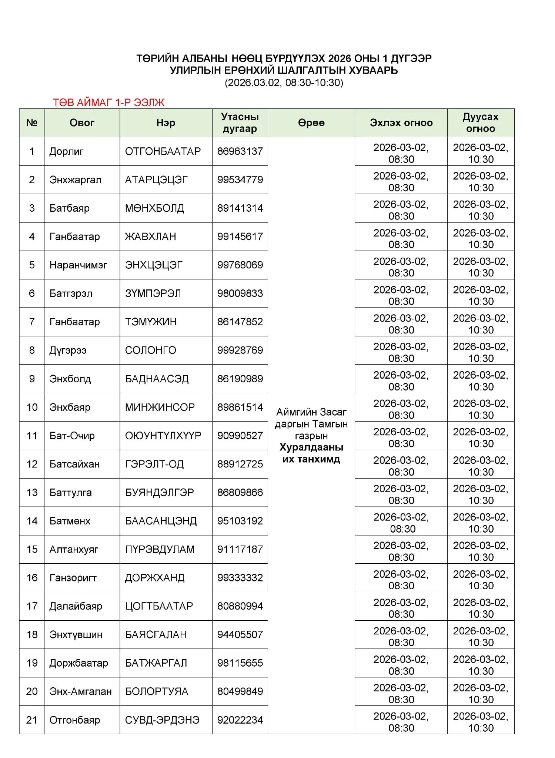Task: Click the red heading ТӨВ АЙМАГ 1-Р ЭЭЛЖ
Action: (x=108, y=103)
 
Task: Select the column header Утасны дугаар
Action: (x=240, y=123)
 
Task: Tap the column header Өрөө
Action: (x=311, y=123)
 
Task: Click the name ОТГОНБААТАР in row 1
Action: (x=163, y=151)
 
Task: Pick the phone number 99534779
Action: (x=240, y=180)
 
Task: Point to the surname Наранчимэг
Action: (x=78, y=265)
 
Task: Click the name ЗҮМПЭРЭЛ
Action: (x=153, y=293)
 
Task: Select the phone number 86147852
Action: (x=240, y=322)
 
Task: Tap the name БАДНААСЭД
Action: (x=157, y=379)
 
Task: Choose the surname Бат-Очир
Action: (x=72, y=436)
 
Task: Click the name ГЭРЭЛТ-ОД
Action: (x=154, y=464)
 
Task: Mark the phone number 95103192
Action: (x=240, y=521)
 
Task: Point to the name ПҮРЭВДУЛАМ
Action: (x=160, y=549)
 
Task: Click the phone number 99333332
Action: (x=240, y=578)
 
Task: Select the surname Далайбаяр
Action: (x=76, y=606)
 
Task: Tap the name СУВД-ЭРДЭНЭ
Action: (x=162, y=720)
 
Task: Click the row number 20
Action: (x=32, y=691)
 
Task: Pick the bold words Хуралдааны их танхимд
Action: (x=311, y=453)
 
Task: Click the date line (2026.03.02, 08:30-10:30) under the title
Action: (x=284, y=83)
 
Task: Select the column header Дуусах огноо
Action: (x=481, y=123)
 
